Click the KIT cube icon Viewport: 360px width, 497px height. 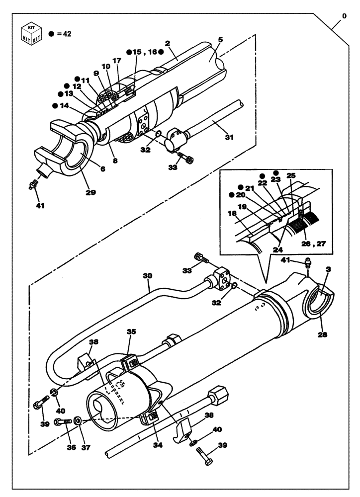30,34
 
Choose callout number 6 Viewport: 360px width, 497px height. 102,169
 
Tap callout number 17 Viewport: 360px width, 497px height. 117,61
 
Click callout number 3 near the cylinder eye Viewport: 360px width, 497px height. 327,268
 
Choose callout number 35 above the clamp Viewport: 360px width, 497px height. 131,331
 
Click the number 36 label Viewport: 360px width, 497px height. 72,447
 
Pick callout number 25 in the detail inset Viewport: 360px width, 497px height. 291,176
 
